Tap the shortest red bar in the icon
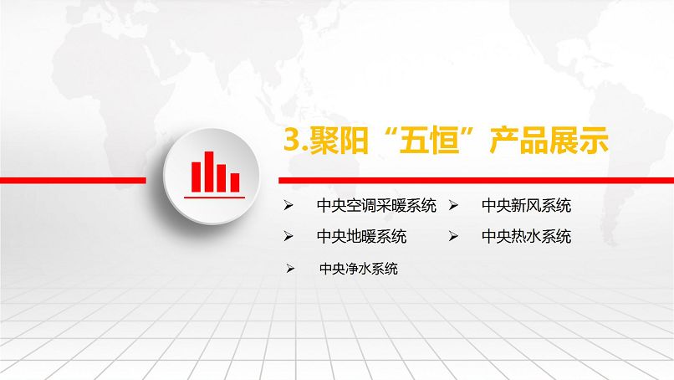coord(236,181)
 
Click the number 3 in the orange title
coord(292,141)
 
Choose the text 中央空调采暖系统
coord(377,205)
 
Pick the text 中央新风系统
coord(527,205)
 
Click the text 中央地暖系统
coord(362,237)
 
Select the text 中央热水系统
coord(527,237)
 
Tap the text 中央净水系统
coord(359,269)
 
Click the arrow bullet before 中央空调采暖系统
coord(288,205)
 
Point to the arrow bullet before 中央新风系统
coord(453,205)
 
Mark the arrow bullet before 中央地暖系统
coord(288,237)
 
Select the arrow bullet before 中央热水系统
coord(453,237)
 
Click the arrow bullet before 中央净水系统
coord(291,269)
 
